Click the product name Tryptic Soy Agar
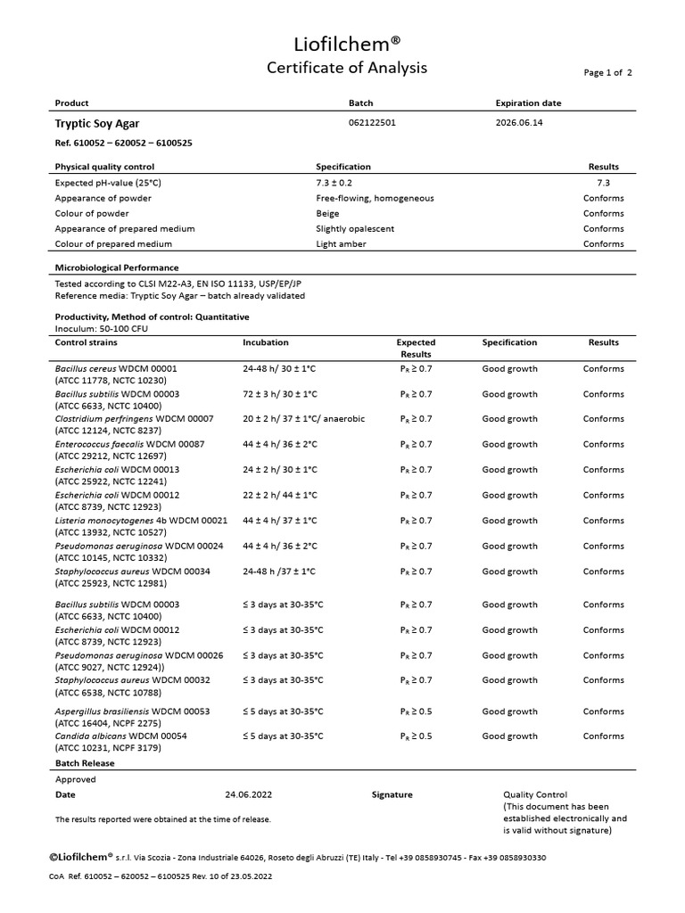[97, 124]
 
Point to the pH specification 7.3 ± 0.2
[340, 183]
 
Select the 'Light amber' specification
[342, 243]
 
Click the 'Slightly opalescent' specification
[355, 228]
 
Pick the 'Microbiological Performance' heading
[117, 267]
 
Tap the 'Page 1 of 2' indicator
[607, 73]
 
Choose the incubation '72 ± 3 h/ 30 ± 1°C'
[293, 393]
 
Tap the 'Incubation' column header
[265, 342]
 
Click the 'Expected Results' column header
[416, 348]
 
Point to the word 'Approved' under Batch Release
[75, 779]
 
